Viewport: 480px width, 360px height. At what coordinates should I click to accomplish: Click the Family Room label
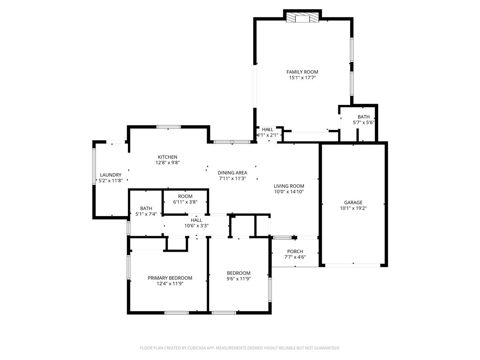(x=302, y=72)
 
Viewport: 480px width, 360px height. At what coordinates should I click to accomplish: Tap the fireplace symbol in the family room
(x=302, y=17)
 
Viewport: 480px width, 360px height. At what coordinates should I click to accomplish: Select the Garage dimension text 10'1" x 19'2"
(x=353, y=208)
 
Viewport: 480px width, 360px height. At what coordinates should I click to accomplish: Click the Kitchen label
(x=167, y=157)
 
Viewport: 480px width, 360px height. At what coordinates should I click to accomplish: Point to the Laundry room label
(x=111, y=175)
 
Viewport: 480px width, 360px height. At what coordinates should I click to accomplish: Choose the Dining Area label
(x=232, y=172)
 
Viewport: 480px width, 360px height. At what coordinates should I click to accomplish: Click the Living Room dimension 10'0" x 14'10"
(x=289, y=192)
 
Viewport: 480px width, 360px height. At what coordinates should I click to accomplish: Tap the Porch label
(x=295, y=251)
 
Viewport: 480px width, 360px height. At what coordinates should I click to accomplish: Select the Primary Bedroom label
(x=170, y=278)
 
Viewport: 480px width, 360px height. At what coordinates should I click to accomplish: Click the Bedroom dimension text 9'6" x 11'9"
(x=239, y=278)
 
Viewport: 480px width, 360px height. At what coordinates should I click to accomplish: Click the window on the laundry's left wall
(x=94, y=166)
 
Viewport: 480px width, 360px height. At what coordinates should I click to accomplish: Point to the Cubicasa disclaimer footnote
(x=240, y=348)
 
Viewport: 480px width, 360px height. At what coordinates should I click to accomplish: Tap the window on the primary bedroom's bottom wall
(x=177, y=313)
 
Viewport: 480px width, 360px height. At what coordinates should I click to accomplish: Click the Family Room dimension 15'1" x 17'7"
(x=302, y=78)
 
